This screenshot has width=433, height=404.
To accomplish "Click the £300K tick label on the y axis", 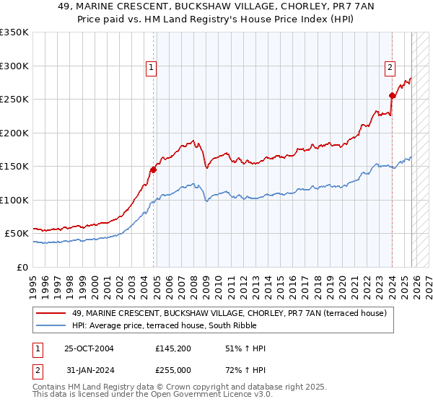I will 14,66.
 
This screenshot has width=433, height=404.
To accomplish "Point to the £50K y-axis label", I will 17,234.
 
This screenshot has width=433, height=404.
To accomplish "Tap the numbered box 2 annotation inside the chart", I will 390,68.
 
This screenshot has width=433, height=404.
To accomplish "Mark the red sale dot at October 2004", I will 154,170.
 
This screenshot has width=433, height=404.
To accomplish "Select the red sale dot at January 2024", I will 392,95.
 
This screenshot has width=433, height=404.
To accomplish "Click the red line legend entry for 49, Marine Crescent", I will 229,313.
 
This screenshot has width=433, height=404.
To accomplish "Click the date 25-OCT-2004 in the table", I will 89,348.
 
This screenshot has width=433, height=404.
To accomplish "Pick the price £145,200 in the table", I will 172,348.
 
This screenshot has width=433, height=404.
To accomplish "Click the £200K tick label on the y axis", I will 14,133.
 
